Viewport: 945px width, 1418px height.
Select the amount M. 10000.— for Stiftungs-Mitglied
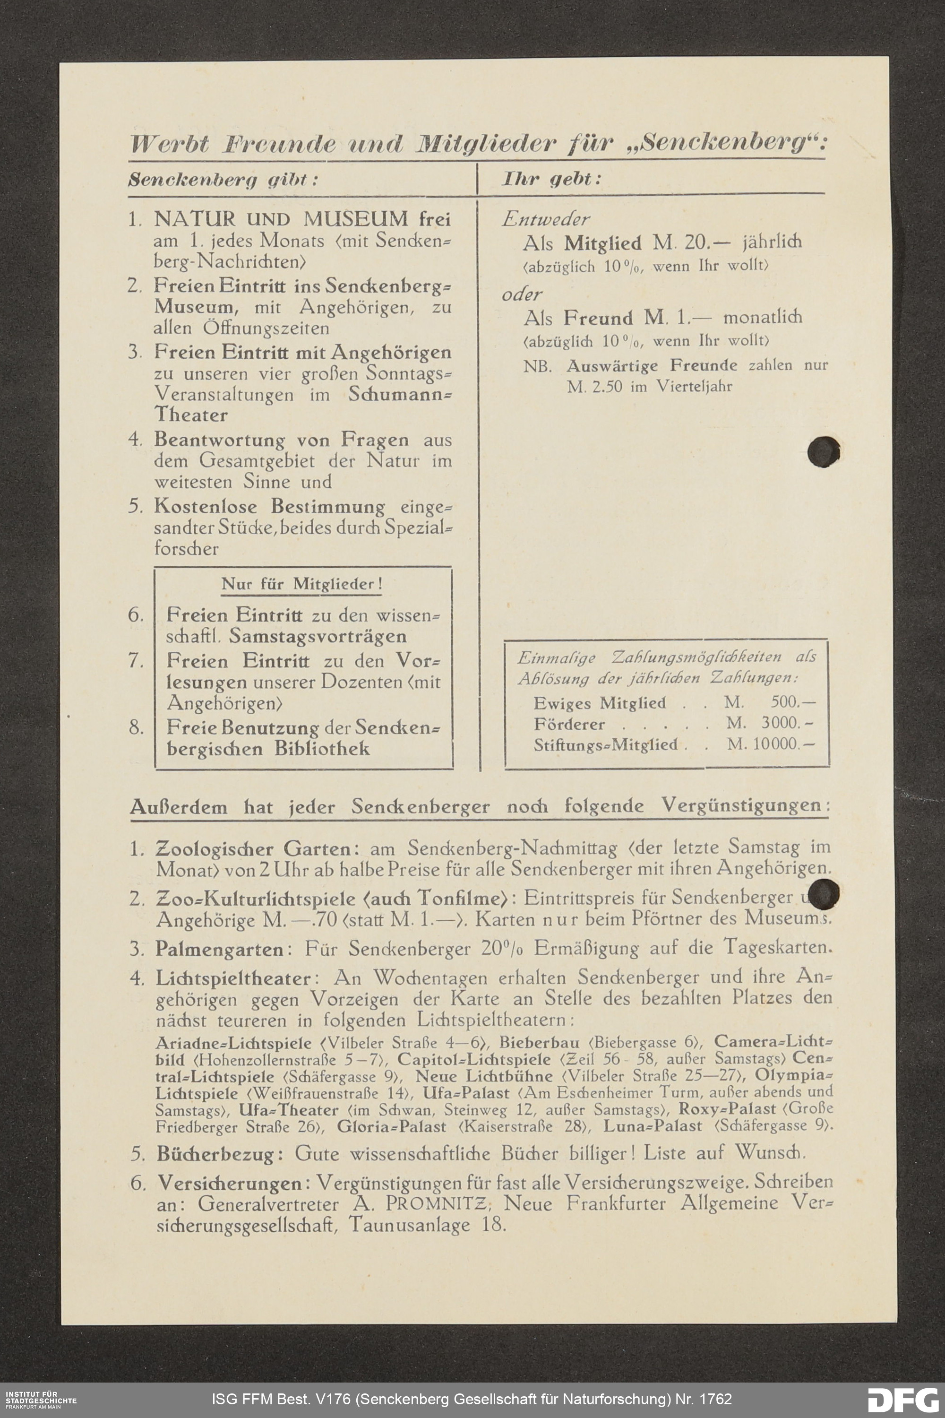point(771,744)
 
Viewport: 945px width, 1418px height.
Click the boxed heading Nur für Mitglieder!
point(302,584)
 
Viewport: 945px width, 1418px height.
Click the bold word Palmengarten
point(219,949)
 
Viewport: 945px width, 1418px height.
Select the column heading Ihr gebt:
point(551,179)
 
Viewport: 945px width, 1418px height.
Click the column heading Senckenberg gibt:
point(223,180)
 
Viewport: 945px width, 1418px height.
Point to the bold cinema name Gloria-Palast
point(392,1127)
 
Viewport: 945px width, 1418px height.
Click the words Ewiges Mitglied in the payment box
point(599,703)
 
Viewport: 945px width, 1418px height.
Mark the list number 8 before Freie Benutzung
point(136,728)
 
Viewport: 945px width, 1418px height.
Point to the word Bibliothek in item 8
point(322,749)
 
